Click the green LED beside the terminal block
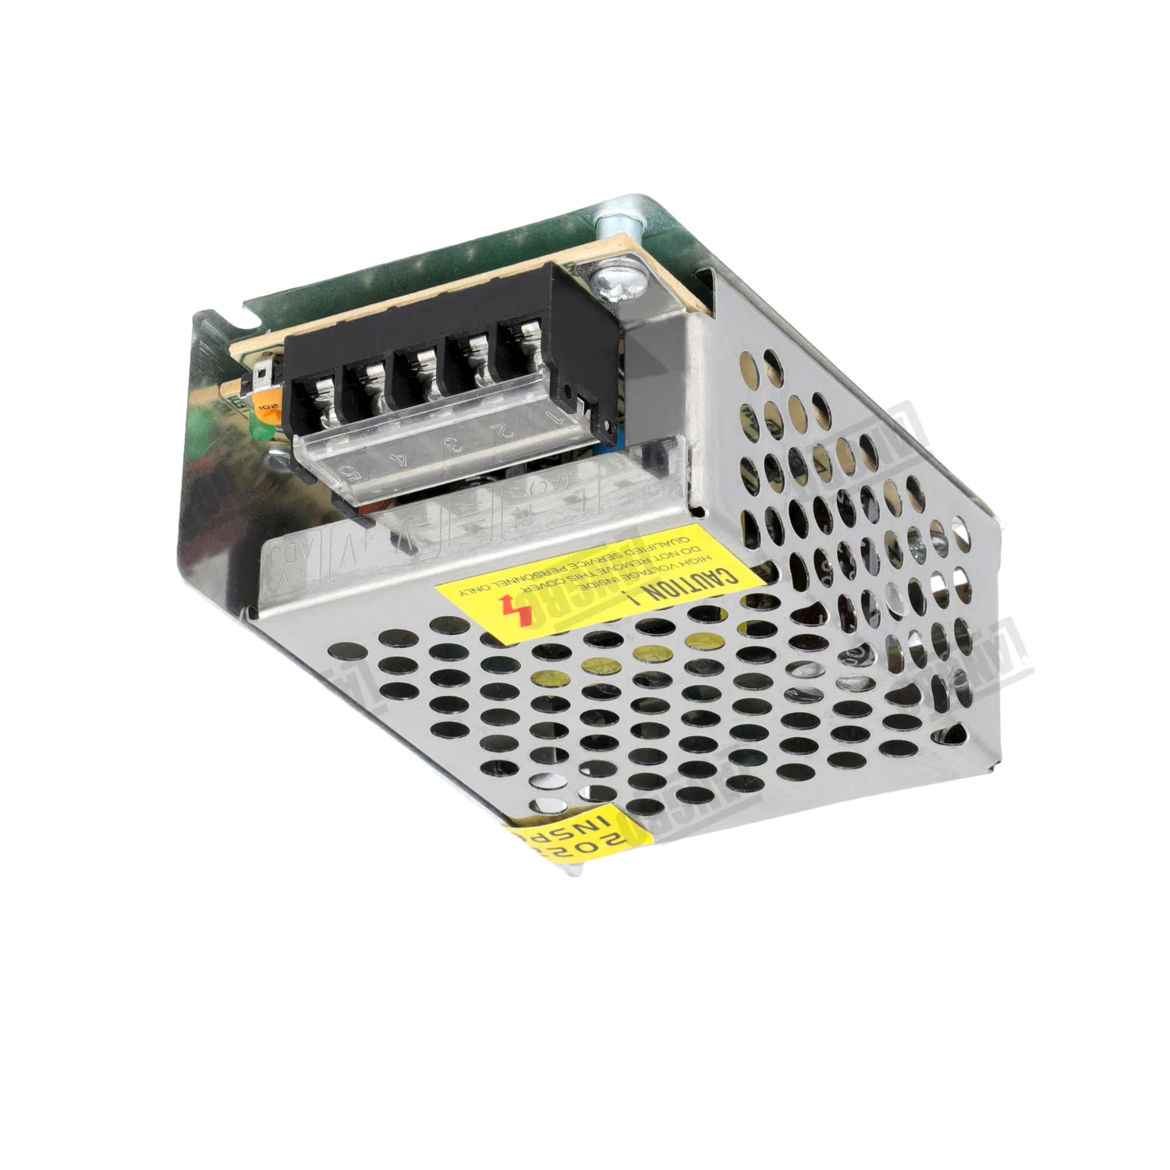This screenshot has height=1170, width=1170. coord(260,429)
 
